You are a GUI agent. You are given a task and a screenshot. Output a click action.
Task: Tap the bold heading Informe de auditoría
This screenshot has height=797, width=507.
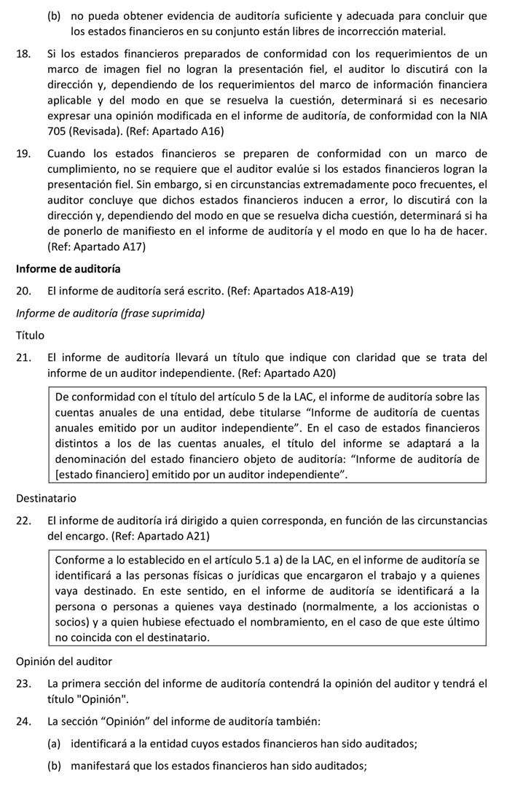[x=68, y=268]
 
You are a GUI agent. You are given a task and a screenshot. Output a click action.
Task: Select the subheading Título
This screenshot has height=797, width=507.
[x=30, y=335]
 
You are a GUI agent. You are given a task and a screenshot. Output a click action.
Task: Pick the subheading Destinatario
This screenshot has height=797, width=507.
[x=45, y=499]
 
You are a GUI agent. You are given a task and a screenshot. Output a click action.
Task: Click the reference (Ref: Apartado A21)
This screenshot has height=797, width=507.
[x=160, y=536]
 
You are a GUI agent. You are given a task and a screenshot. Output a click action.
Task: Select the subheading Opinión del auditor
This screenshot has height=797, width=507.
[x=64, y=661]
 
